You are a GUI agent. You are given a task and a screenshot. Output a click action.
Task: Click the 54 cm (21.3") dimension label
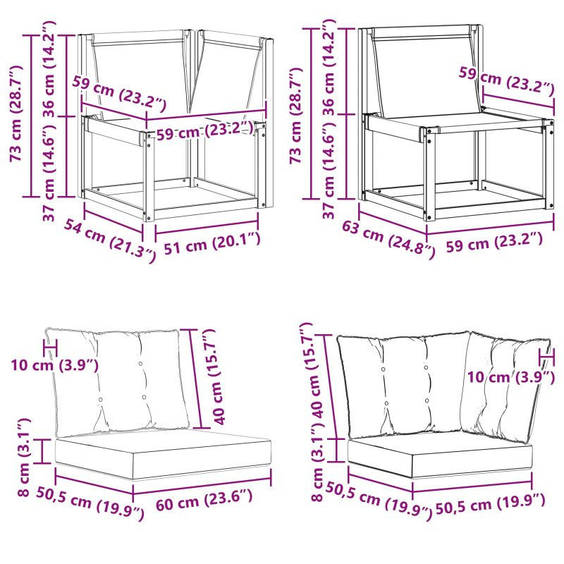coord(110,240)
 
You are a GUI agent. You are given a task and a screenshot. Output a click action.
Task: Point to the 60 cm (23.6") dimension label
coord(204,499)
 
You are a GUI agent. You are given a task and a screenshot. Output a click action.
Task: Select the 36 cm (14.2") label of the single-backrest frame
coord(329,67)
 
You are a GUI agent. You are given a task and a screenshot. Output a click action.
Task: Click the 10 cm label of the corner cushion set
coord(510,376)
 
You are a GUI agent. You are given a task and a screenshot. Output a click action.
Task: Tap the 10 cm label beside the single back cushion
coord(55,364)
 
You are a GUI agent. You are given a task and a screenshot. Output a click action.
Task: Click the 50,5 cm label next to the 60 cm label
coord(90,498)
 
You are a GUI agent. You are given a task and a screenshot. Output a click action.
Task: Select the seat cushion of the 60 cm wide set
coord(163,454)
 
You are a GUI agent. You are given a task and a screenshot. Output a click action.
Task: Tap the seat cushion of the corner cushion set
coord(439,455)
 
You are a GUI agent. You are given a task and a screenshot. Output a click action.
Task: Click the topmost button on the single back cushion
coord(140,364)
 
